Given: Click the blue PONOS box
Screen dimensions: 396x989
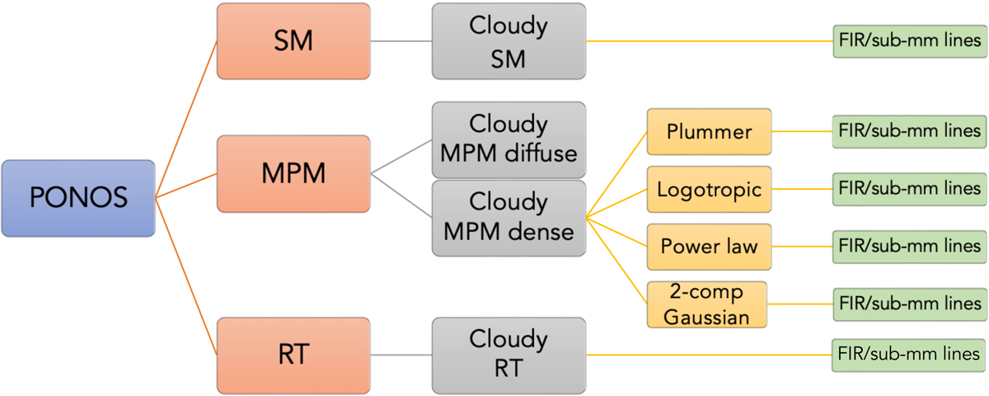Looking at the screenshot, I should pos(78,199).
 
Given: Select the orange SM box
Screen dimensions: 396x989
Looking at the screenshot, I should pos(293,41).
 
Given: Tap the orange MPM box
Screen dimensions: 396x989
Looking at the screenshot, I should pos(293,174).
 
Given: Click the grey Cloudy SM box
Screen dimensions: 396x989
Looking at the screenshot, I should pos(509,41).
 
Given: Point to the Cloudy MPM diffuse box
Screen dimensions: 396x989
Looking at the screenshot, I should pos(509,139).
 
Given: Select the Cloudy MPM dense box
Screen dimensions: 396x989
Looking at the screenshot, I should pos(509,217).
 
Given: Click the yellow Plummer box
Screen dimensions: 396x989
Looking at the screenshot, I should pos(709,132).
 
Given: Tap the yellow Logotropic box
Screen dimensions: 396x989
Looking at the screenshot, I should pos(709,189).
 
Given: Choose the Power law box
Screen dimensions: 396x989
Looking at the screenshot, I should pos(709,246).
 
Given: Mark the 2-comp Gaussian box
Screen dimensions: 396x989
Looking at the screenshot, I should pos(706,304).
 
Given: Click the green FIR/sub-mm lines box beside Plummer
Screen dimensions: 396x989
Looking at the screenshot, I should pos(908,130).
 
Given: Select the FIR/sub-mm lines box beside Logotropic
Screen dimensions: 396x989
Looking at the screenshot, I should pos(908,188).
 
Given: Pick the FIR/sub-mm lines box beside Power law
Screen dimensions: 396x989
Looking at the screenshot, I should pos(908,246).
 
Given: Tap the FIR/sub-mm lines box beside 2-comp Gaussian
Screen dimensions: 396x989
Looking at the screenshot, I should pos(908,304).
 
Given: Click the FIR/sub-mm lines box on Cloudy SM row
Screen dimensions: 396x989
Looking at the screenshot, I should pos(908,41).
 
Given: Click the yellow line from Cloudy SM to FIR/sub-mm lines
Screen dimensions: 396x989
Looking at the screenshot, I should pos(709,41).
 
